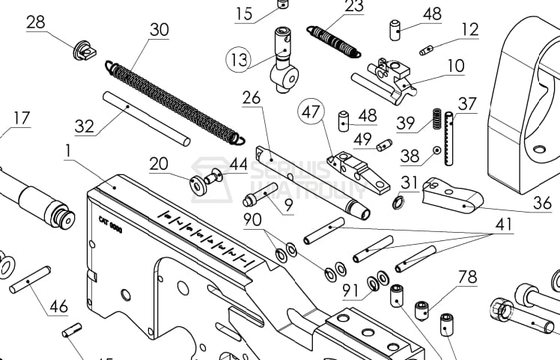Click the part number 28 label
pyautogui.click(x=35, y=22)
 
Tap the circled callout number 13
pyautogui.click(x=239, y=61)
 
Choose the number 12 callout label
pyautogui.click(x=469, y=29)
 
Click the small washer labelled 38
pyautogui.click(x=435, y=150)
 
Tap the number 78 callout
pyautogui.click(x=467, y=277)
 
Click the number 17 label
pyautogui.click(x=21, y=118)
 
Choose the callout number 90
pyautogui.click(x=252, y=220)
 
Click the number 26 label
pyautogui.click(x=251, y=97)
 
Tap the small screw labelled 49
pyautogui.click(x=385, y=144)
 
